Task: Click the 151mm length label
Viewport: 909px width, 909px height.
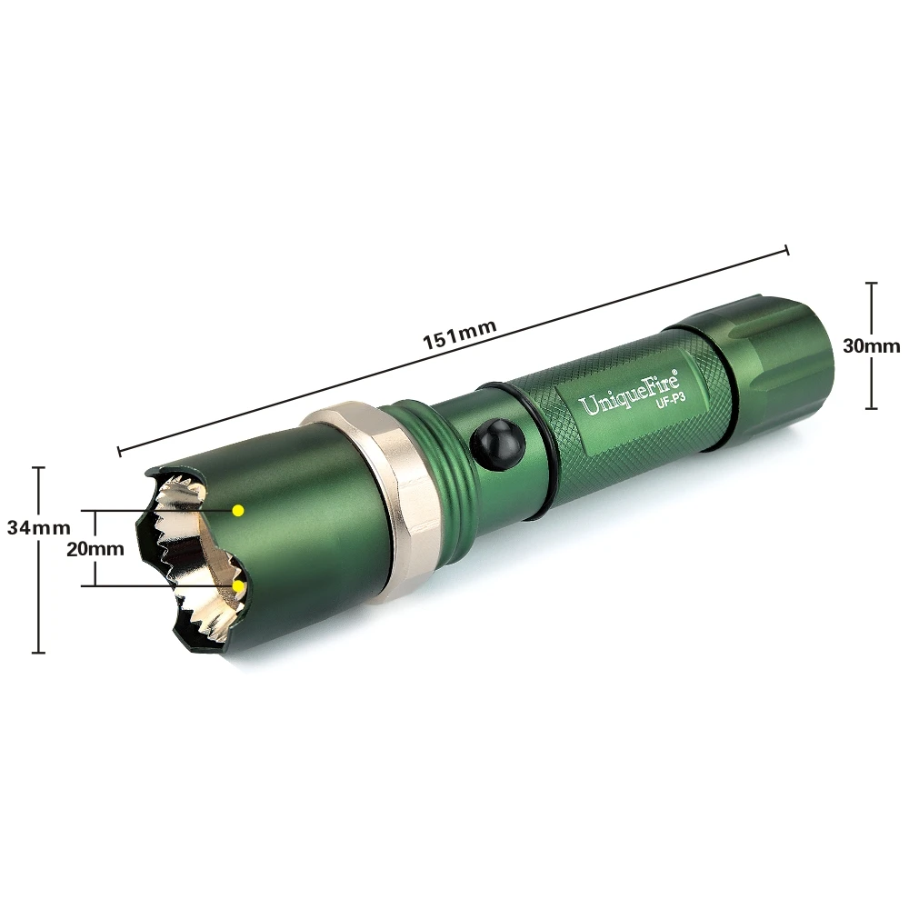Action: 459,335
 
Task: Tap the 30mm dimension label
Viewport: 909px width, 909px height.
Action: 872,346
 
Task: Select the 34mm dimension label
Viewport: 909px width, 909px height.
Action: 38,527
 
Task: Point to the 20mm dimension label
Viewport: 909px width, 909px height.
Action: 95,548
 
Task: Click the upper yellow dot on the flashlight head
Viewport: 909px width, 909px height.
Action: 237,510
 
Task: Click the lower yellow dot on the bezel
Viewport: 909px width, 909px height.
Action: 237,586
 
